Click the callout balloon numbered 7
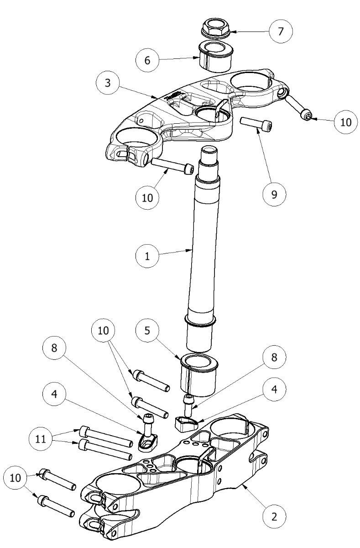[280, 32]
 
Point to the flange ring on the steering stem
[199, 321]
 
